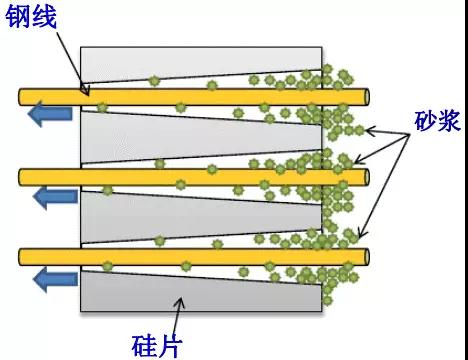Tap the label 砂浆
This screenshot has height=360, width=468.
pyautogui.click(x=435, y=120)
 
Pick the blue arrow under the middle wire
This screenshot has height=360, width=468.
pyautogui.click(x=50, y=195)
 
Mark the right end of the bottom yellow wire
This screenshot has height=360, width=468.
pyautogui.click(x=365, y=255)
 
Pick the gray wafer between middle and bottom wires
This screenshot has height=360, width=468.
pyautogui.click(x=150, y=214)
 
